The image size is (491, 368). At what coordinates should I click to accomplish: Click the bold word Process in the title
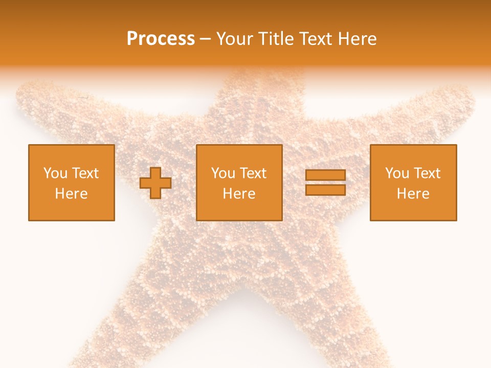[161, 39]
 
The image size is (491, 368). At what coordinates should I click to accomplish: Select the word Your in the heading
[235, 39]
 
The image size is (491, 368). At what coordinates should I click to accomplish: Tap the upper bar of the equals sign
[325, 175]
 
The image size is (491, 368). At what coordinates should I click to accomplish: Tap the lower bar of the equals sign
[325, 190]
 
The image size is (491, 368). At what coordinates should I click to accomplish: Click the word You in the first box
[55, 173]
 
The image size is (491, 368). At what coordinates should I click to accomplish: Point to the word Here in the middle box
[239, 194]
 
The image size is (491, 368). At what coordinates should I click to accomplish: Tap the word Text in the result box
[428, 173]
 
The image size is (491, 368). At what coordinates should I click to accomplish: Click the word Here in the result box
[413, 194]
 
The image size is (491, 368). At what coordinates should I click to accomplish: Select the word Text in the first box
[85, 173]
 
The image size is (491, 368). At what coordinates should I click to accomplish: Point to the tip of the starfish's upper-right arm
[468, 97]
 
